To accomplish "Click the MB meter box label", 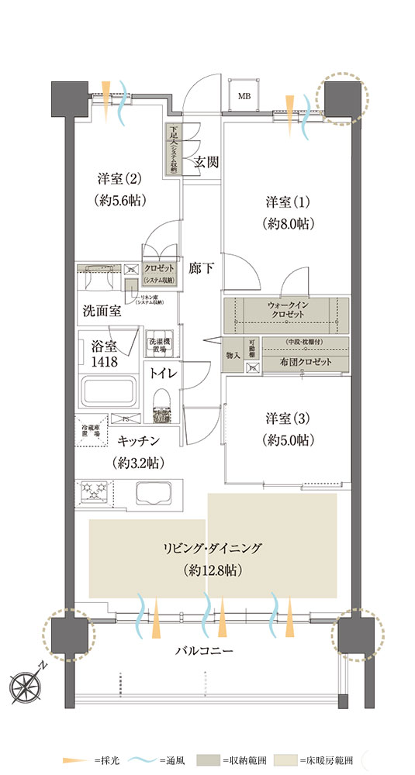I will pos(244,97).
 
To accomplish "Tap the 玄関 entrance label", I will pos(206,162).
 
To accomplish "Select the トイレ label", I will pos(164,373).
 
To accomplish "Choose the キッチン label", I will pos(139,441).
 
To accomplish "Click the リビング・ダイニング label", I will pos(213,549).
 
